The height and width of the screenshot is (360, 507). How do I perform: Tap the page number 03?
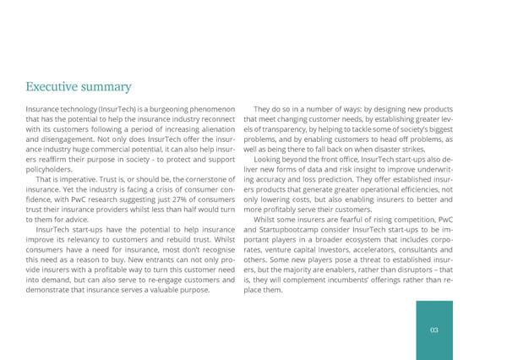[433, 330]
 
